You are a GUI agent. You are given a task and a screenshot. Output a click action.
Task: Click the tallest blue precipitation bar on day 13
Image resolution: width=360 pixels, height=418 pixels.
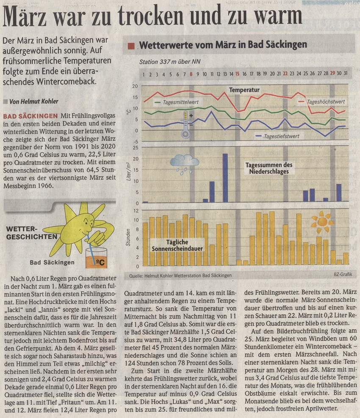(225, 178)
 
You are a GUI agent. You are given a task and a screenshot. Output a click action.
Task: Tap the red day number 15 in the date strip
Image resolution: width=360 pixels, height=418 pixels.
(237, 74)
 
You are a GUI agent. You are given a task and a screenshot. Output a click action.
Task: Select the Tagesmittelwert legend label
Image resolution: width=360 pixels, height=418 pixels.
(181, 102)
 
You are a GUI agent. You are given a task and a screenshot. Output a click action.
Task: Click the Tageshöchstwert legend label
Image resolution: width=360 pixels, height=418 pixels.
(326, 102)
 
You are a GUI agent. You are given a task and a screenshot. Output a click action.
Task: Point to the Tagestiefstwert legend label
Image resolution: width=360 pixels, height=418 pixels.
(282, 136)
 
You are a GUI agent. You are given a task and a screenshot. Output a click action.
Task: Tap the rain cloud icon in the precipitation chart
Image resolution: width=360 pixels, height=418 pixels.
(185, 164)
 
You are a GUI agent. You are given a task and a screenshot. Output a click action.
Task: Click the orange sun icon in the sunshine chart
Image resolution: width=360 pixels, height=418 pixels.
(322, 222)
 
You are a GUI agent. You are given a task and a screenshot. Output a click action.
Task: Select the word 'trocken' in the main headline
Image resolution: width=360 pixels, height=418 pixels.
(151, 16)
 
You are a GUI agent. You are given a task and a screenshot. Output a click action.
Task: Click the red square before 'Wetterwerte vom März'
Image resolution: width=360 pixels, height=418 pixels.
(131, 46)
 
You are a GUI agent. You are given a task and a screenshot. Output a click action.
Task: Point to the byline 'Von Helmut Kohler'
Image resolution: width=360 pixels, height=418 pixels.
(33, 101)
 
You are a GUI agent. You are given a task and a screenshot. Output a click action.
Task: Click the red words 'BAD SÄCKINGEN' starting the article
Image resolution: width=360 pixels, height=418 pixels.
(30, 116)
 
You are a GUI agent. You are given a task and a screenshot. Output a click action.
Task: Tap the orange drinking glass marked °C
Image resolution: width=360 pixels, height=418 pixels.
(96, 258)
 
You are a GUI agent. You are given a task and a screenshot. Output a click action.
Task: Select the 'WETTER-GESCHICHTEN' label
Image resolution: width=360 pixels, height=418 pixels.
(31, 233)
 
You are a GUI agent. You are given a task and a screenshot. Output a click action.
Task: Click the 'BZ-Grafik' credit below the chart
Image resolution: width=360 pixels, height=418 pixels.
(343, 274)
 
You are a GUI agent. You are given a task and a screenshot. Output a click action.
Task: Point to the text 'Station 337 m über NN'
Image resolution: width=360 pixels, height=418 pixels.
(170, 62)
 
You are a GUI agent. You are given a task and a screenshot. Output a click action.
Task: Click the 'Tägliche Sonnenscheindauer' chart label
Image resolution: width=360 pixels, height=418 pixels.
(177, 245)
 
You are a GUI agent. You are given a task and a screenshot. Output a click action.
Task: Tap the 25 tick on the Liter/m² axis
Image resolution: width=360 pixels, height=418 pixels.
(136, 147)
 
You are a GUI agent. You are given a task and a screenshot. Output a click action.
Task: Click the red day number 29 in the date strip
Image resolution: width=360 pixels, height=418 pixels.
(332, 73)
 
